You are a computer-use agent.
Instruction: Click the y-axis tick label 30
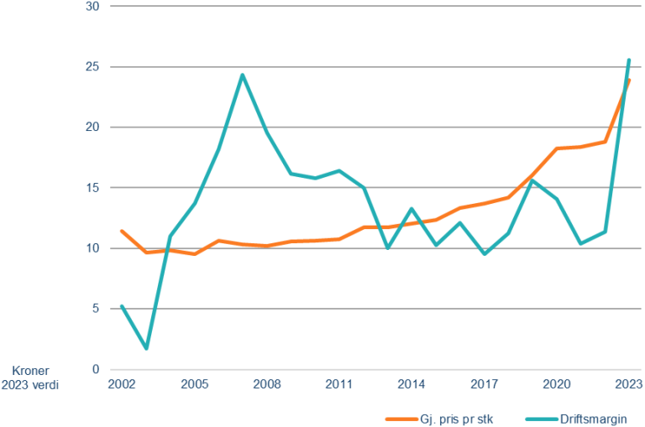92,7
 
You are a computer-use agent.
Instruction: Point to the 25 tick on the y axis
92,67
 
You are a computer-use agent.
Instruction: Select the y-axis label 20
92,128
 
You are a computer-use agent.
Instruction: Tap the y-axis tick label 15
92,188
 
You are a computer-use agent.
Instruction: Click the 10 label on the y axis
92,248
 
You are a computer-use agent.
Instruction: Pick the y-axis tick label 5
96,309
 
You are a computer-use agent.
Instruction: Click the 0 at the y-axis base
96,369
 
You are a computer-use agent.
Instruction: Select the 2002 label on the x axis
123,383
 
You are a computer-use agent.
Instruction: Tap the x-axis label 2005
195,383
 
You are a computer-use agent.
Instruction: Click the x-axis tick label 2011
339,383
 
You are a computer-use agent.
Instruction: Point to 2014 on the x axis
412,383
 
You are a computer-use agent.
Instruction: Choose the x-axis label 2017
484,383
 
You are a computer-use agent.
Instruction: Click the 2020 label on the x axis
556,383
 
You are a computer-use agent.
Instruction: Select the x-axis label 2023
628,383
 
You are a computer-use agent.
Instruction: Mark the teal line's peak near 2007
242,74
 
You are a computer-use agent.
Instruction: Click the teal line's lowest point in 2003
147,347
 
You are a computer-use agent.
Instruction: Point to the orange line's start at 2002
123,231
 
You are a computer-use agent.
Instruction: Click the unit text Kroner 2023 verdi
33,376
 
